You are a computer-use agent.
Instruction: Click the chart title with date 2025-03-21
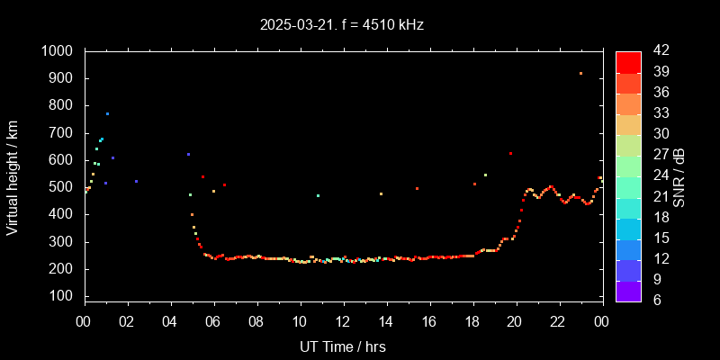tap(341, 25)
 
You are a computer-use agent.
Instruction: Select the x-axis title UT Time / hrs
tap(342, 346)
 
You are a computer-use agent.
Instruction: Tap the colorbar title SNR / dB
tap(679, 176)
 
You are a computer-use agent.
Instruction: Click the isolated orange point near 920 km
tap(580, 74)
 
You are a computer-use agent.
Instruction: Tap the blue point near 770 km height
tap(107, 114)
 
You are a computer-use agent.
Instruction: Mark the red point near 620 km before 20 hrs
tap(510, 154)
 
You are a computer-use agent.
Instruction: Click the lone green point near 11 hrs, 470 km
tap(318, 195)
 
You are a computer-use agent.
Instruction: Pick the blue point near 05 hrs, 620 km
tap(188, 155)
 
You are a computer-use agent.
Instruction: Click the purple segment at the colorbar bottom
tap(628, 291)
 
